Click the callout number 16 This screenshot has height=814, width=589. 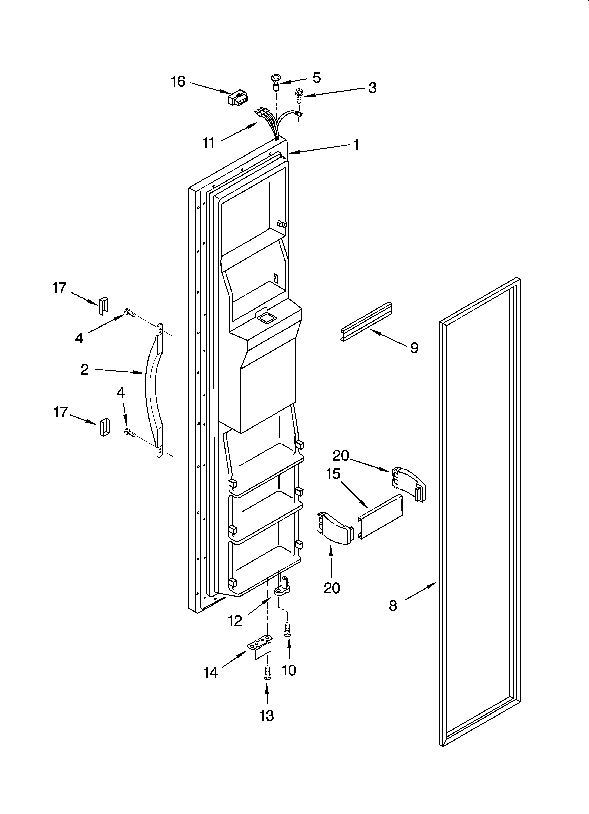178,82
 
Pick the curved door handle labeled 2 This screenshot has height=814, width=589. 154,391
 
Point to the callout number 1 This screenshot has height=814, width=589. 356,145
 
